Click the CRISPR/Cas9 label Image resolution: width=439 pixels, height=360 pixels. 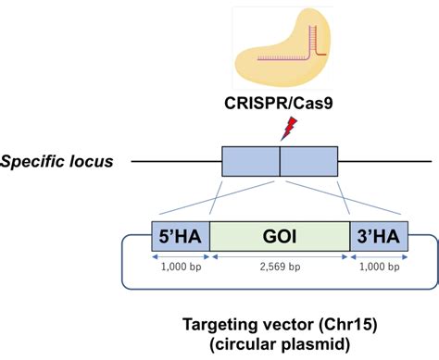[x=280, y=104]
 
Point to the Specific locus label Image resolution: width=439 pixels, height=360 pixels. [x=56, y=162]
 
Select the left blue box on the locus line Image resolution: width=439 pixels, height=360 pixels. [x=250, y=162]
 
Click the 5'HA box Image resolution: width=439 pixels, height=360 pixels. [x=180, y=237]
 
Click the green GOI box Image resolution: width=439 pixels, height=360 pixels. [x=279, y=237]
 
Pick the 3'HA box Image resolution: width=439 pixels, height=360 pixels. [x=378, y=237]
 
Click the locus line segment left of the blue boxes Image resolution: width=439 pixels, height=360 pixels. [x=176, y=162]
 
